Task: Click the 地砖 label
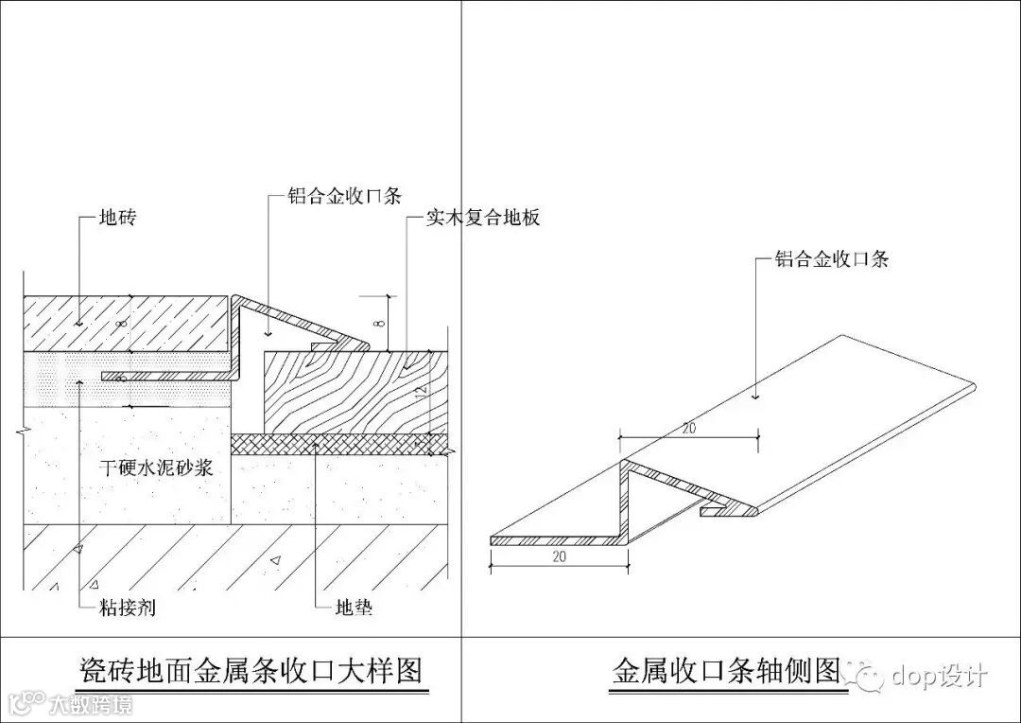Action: click(x=118, y=219)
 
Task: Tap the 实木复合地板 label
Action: click(x=482, y=219)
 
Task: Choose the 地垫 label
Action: click(x=354, y=607)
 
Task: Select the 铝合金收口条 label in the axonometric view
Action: click(x=832, y=258)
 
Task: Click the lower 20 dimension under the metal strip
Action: click(x=558, y=557)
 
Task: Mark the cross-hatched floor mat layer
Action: click(x=340, y=444)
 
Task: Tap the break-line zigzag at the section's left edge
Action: click(x=21, y=431)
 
